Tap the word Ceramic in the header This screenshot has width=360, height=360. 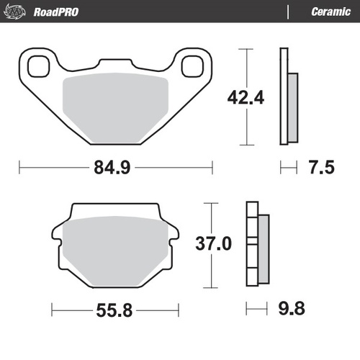click(x=330, y=12)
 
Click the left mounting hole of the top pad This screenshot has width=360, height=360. click(x=37, y=65)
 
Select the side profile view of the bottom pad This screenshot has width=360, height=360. click(x=257, y=244)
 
